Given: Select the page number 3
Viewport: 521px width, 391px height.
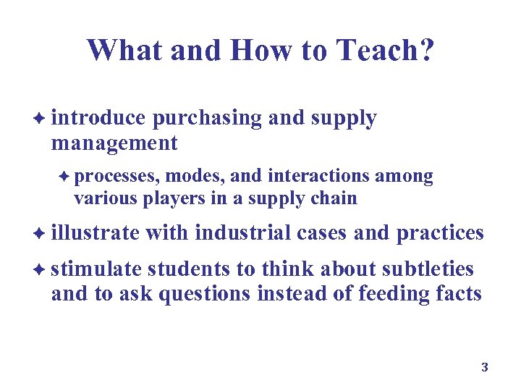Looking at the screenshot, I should pyautogui.click(x=485, y=368).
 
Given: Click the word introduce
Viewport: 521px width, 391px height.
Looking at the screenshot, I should pyautogui.click(x=98, y=119).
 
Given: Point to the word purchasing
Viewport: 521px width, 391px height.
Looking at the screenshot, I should pyautogui.click(x=208, y=119).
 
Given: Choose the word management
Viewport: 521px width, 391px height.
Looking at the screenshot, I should pyautogui.click(x=114, y=143).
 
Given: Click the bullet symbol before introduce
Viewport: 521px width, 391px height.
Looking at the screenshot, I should pyautogui.click(x=41, y=119).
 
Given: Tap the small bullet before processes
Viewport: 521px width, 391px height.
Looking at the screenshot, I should pyautogui.click(x=64, y=177).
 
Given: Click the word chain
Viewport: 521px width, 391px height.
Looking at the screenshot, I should pyautogui.click(x=336, y=198).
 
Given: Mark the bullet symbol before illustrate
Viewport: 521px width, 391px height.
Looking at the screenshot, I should pyautogui.click(x=41, y=234).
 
